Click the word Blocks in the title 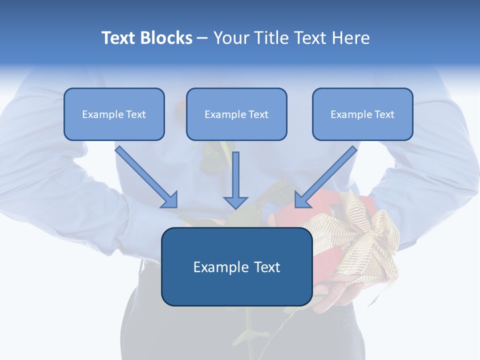click(167, 38)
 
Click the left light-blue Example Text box click(114, 114)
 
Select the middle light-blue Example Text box click(236, 114)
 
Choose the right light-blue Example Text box click(362, 114)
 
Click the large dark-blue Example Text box click(236, 266)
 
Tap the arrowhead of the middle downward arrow click(235, 202)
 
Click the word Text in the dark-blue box click(264, 267)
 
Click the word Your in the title click(229, 38)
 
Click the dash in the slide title click(202, 38)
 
